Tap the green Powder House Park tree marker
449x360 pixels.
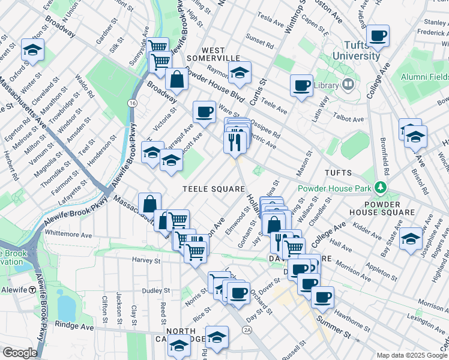click(x=379, y=188)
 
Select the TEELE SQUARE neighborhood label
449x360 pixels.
click(x=212, y=188)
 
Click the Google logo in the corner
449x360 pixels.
click(x=20, y=353)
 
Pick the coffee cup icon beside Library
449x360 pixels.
click(x=301, y=85)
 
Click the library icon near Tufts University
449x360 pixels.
click(x=347, y=85)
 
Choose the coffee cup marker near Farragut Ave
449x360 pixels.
click(x=204, y=112)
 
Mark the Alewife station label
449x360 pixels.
click(x=14, y=290)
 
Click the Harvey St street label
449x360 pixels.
click(x=146, y=260)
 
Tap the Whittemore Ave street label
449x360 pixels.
click(x=67, y=232)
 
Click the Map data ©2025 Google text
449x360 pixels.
click(x=412, y=355)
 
